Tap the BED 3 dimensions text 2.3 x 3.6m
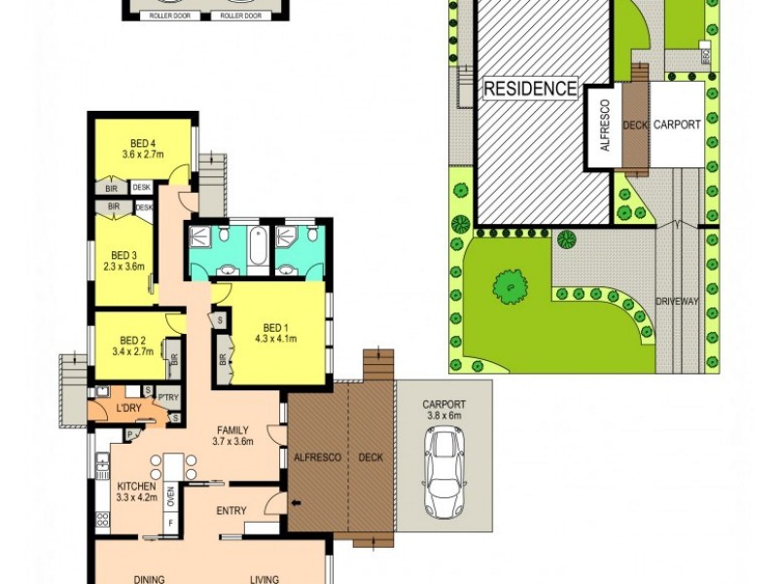coord(124,266)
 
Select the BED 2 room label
coord(132,340)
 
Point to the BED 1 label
coord(276,327)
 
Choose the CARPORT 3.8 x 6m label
coord(444,410)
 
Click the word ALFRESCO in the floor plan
coord(317,456)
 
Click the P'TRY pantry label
coord(167,396)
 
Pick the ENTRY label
coord(231,510)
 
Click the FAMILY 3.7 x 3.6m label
coord(232,435)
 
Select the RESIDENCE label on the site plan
coord(530,89)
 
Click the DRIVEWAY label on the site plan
coord(678,302)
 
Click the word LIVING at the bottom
coord(264,579)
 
